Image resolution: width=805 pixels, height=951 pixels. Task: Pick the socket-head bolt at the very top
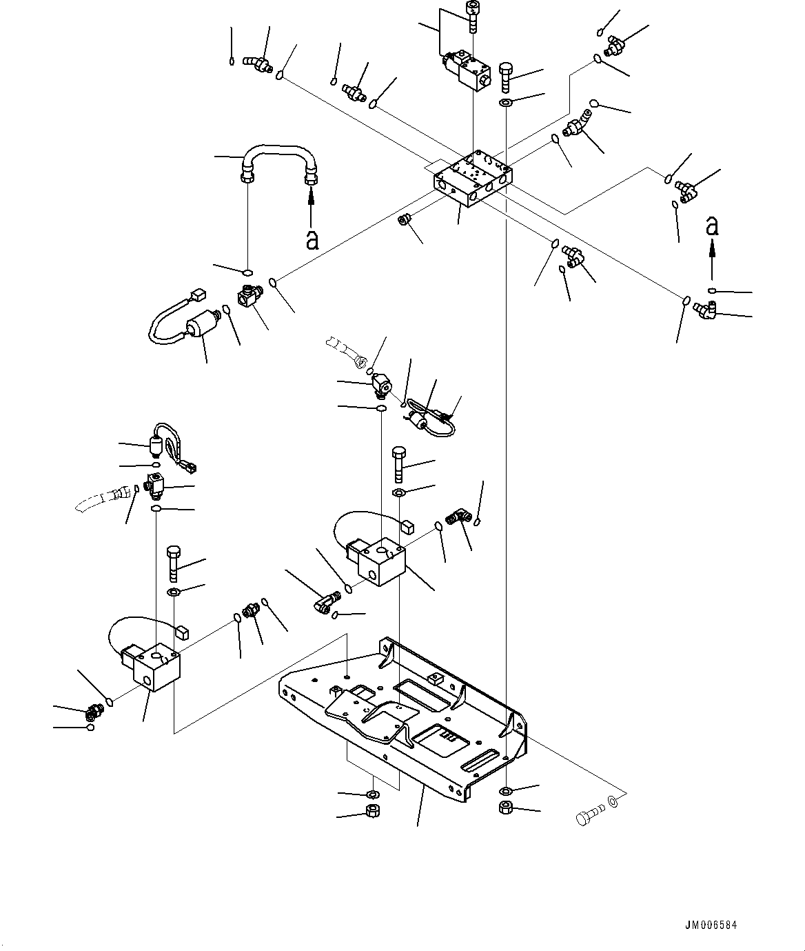click(473, 15)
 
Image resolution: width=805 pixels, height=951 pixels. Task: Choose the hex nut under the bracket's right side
click(506, 808)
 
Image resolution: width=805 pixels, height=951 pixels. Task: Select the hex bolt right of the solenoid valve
click(504, 77)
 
